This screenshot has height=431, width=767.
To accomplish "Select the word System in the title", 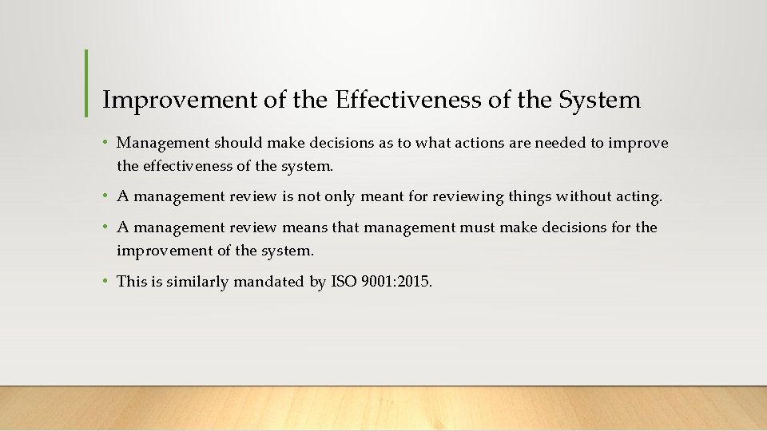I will point(600,101).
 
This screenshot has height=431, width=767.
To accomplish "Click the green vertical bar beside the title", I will point(85,83).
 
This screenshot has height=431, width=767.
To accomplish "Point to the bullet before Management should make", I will point(106,144).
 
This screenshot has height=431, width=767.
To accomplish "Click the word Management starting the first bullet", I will point(162,144).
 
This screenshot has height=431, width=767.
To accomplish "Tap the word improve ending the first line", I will point(638,144).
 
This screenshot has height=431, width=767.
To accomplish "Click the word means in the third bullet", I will point(304,228).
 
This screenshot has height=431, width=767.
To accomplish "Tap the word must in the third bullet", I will point(477,228).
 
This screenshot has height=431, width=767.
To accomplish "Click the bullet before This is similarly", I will point(106,281).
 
